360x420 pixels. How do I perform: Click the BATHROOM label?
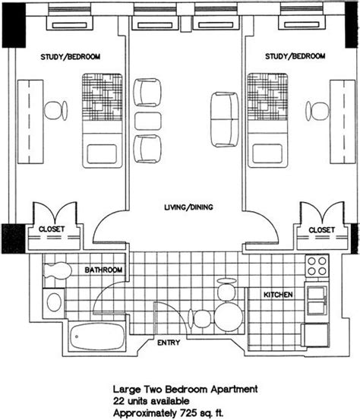click(x=103, y=270)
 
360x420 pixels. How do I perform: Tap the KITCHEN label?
click(x=278, y=295)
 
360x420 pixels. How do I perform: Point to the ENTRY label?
click(x=169, y=343)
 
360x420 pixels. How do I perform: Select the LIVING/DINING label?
click(x=188, y=207)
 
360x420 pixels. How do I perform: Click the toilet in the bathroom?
click(x=58, y=270)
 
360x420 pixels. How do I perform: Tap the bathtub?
click(x=97, y=336)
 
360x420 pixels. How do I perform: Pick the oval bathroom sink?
click(x=54, y=302)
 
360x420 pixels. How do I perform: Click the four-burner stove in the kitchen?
click(x=317, y=266)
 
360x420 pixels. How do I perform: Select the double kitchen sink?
click(x=317, y=301)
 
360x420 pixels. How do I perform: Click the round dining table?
click(x=229, y=317)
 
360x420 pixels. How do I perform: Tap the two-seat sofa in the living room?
click(x=225, y=119)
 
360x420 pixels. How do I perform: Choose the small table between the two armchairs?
click(x=148, y=121)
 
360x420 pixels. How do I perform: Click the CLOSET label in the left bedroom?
click(x=52, y=229)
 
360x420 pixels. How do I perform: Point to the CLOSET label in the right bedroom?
click(x=322, y=230)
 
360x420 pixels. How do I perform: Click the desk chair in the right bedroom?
click(x=317, y=111)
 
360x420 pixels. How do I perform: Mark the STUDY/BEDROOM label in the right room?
click(x=295, y=56)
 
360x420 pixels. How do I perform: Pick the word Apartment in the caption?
click(x=234, y=389)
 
